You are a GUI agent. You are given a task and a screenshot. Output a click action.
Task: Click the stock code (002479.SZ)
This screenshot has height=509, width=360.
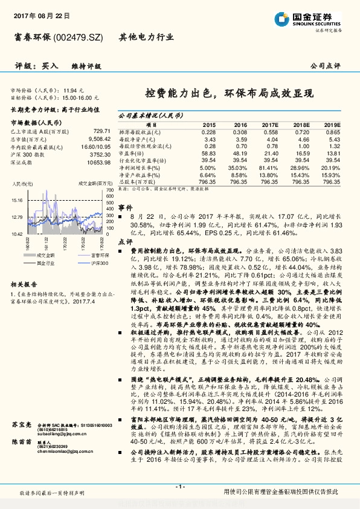click(79, 37)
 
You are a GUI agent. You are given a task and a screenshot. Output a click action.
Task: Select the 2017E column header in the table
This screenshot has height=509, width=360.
click(269, 124)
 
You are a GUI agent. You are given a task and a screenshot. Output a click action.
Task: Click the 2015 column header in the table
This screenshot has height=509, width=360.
click(208, 124)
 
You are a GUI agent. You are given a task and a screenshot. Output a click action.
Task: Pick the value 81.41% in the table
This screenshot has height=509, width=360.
click(269, 167)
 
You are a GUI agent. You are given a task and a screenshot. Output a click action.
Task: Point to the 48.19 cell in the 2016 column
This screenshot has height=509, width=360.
click(240, 154)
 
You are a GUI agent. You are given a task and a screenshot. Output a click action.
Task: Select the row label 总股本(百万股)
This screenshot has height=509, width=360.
click(137, 181)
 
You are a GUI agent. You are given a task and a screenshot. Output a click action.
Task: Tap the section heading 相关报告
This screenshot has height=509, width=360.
click(25, 284)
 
